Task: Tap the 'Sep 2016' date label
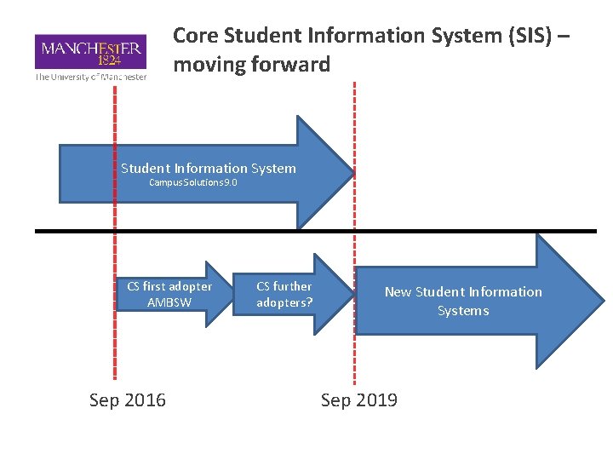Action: (x=128, y=400)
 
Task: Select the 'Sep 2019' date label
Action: (x=358, y=400)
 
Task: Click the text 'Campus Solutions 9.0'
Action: (x=193, y=182)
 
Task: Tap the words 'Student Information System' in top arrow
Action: (x=209, y=169)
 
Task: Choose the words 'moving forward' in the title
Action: (x=251, y=64)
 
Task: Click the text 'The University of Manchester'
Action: (x=90, y=77)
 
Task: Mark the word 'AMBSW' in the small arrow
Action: (x=169, y=302)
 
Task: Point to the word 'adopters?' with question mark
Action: (x=285, y=302)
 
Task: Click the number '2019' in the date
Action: (x=377, y=400)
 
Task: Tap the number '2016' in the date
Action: (x=146, y=400)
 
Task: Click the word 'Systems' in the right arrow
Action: (x=463, y=311)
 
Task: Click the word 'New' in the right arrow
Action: (x=398, y=292)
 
